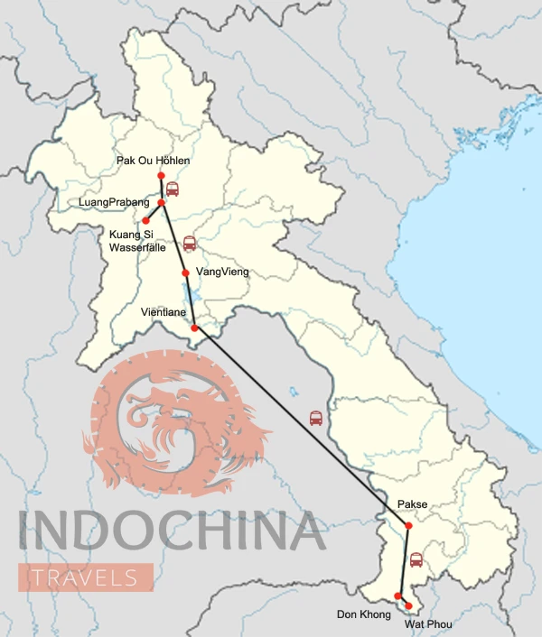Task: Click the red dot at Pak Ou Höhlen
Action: (161, 175)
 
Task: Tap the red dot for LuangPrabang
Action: (162, 203)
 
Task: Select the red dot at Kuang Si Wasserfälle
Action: (145, 220)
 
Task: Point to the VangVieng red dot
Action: (185, 272)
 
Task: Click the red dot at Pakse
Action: (408, 525)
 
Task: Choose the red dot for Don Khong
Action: (397, 595)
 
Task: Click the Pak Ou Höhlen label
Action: (153, 161)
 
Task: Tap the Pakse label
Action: (412, 505)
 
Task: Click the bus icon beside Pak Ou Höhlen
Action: (172, 189)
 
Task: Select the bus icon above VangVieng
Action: (190, 244)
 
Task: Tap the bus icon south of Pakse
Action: (416, 559)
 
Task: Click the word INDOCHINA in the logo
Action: (172, 532)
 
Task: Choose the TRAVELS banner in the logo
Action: (86, 577)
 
